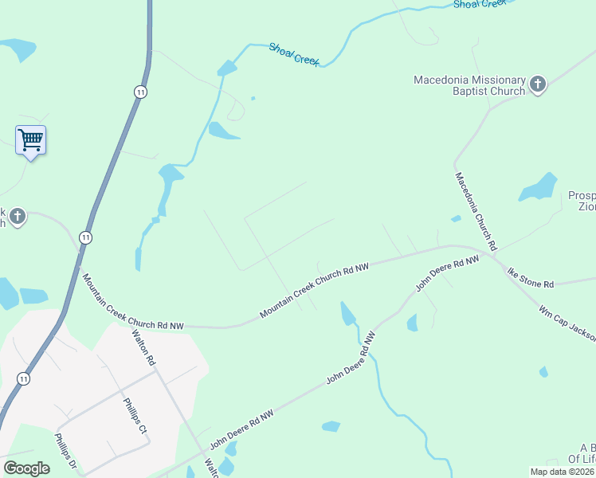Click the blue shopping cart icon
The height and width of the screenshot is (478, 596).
(30, 140)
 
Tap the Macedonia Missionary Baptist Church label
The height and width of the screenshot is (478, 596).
(469, 85)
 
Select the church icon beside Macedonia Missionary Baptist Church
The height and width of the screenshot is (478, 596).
(538, 84)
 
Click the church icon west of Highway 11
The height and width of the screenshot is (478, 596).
(18, 216)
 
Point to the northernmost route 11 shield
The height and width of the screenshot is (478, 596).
(141, 92)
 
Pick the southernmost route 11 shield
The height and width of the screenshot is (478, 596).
(24, 379)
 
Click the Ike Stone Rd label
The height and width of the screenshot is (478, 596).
(531, 279)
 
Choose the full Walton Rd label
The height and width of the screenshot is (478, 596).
(144, 349)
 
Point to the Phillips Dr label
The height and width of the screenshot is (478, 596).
(65, 451)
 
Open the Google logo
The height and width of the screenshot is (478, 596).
(26, 468)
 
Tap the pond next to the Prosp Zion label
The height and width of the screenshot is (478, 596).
(539, 188)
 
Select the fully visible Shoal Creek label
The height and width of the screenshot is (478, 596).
(294, 54)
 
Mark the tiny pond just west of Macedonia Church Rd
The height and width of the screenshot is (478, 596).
(456, 218)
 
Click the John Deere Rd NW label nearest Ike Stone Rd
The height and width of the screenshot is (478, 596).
(448, 273)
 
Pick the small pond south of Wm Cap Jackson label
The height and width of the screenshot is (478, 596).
(543, 372)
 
